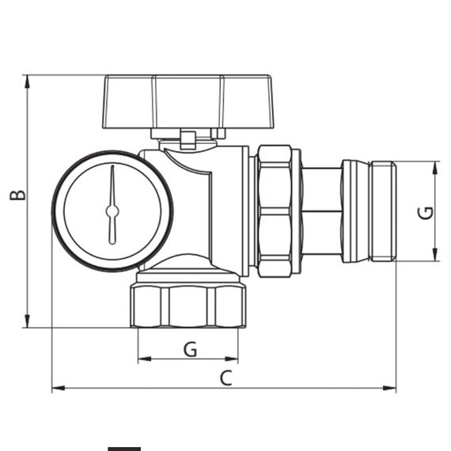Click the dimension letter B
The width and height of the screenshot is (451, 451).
pos(17,195)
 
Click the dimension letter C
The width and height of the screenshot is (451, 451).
pos(225,377)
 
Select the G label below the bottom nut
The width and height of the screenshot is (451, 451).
pos(190,349)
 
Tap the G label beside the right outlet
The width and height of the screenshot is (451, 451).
pos(426,212)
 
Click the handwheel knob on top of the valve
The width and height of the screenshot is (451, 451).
pos(188,101)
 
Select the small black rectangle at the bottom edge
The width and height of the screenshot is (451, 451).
pos(124,448)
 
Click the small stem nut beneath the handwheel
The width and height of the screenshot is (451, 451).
pos(188,140)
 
